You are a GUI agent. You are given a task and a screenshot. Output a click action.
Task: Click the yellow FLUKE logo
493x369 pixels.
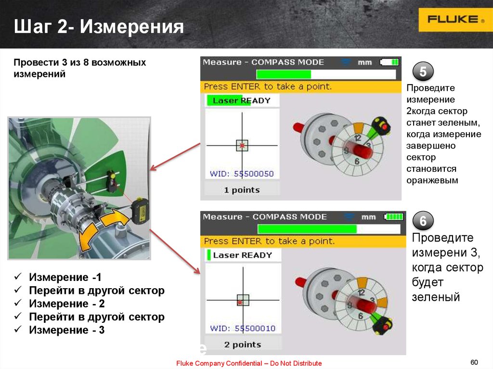tap(455, 20)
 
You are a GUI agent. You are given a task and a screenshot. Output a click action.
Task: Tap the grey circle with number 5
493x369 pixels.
tap(423, 72)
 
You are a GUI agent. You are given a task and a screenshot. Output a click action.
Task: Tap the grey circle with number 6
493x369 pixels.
tap(423, 221)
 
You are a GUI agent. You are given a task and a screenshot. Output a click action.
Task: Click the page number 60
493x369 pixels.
tap(474, 362)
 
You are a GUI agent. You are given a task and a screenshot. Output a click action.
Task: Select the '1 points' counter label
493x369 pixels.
tap(242, 190)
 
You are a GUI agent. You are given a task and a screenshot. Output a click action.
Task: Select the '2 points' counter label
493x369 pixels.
tap(243, 344)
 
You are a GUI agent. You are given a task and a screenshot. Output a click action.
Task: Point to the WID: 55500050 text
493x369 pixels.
tap(242, 174)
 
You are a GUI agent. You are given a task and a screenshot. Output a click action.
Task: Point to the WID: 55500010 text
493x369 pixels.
tap(243, 328)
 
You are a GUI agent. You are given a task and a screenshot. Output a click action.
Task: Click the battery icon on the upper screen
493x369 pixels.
tap(389, 62)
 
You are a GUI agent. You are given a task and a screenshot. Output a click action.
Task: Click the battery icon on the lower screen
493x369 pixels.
tap(393, 216)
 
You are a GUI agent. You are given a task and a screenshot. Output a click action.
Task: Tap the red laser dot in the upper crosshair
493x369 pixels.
tap(242, 145)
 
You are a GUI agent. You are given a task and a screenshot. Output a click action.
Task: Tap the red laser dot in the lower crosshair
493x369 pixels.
tap(240, 302)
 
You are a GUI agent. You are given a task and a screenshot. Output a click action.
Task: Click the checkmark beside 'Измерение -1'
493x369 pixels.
tap(18, 276)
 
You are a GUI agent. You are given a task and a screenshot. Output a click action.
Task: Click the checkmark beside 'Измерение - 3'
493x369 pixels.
tap(18, 329)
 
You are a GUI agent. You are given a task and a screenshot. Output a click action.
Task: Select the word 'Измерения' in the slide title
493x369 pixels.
tap(132, 26)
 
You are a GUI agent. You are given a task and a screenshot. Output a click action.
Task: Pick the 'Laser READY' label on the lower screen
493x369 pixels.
tap(243, 255)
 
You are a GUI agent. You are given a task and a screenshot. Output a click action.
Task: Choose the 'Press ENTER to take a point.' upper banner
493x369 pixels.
tap(268, 87)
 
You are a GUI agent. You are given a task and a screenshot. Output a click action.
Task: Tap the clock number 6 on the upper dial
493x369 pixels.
tap(357, 161)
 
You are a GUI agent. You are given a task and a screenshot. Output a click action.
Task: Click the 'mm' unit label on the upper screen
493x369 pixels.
tap(365, 63)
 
